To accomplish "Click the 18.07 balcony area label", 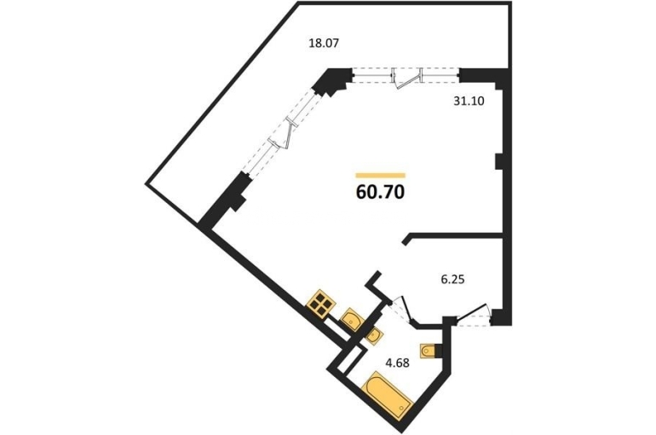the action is pos(323,43).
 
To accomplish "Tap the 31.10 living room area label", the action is pos(469,101).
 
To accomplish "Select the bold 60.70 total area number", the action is pos(380,192).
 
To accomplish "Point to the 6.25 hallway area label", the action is pos(453,279).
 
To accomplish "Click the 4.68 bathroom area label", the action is pos(398,362).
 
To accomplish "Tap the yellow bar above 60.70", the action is pos(380,176).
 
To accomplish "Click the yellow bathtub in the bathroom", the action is pos(389,395).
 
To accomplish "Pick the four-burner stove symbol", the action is pos(321,302).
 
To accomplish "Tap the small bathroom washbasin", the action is pos(374,335).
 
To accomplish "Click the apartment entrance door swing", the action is pos(474,314).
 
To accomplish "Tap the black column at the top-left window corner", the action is pos(332,81).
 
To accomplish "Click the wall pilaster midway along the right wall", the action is pos(498,161).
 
